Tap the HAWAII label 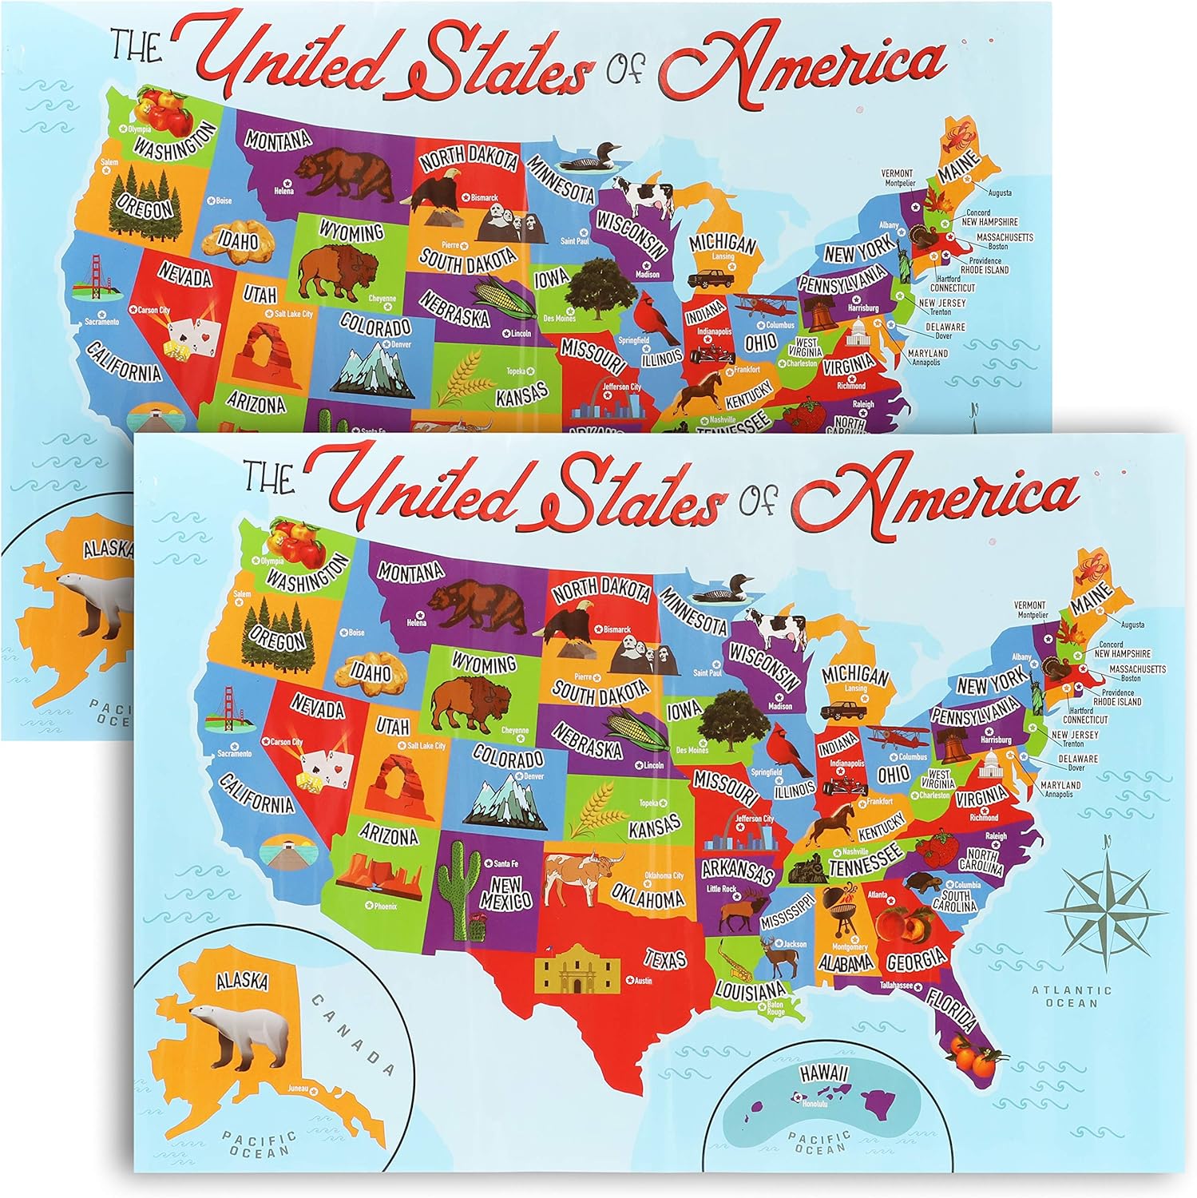click(821, 1076)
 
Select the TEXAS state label click(665, 958)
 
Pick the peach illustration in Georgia click(897, 922)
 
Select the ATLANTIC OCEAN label click(1072, 996)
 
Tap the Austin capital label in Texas click(641, 980)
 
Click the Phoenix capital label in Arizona click(384, 906)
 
